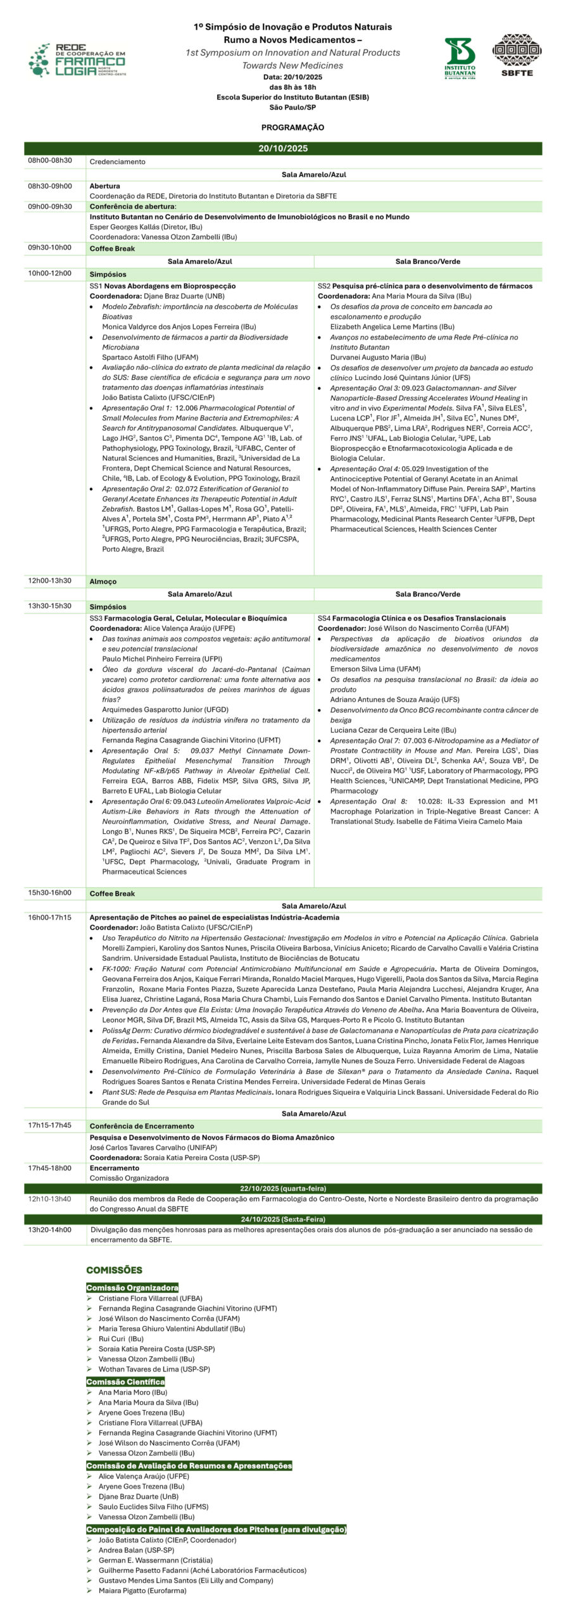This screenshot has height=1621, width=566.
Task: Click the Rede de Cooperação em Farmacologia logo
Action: [77, 61]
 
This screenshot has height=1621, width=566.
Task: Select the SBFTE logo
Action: [517, 55]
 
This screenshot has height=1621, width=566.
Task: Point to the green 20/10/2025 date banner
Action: [283, 149]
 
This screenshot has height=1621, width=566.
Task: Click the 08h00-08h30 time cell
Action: [50, 161]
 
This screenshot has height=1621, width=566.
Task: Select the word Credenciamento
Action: [117, 161]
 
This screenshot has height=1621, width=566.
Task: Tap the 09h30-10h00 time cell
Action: [50, 248]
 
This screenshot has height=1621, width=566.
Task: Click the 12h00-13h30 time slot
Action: [50, 581]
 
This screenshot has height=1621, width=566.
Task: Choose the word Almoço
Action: [103, 581]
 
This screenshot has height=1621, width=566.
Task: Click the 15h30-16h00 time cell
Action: [50, 893]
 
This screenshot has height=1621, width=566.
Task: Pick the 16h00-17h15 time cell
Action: [50, 917]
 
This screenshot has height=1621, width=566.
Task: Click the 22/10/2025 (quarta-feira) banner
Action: [283, 1189]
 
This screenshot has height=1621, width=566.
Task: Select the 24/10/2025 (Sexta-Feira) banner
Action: [283, 1219]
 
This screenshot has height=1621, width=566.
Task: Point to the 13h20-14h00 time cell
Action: [50, 1230]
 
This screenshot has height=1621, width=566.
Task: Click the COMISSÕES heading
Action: [114, 1270]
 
